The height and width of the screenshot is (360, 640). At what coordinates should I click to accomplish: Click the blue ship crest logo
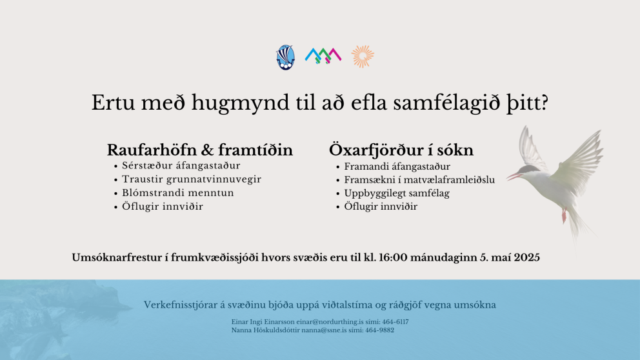point(285,57)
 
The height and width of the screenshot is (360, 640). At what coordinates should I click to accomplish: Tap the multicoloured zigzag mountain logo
point(323,56)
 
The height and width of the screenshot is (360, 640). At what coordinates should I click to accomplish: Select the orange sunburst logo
point(363,56)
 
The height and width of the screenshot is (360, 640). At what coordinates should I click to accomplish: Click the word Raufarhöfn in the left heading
point(152,150)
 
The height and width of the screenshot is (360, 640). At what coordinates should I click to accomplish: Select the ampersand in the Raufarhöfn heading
point(207,150)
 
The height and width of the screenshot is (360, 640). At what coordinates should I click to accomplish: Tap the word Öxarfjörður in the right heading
point(375,150)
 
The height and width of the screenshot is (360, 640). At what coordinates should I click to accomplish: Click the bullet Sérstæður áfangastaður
point(181,165)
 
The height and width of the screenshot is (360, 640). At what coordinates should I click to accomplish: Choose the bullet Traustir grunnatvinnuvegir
point(192,179)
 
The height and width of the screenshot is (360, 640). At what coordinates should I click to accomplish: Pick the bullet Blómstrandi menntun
point(178,193)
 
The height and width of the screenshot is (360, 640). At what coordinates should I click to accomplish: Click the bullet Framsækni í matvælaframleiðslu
point(419,179)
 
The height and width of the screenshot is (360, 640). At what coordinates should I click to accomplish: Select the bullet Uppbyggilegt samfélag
point(397,193)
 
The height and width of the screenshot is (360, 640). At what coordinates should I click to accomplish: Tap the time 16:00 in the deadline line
point(393,257)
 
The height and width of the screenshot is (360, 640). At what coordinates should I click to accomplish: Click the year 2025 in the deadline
point(526,257)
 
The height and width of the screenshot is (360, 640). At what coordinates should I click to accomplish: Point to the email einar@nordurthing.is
point(330,322)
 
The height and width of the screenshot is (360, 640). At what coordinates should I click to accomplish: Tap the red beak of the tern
point(514,177)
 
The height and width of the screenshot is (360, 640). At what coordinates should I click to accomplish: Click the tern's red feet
point(565,215)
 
